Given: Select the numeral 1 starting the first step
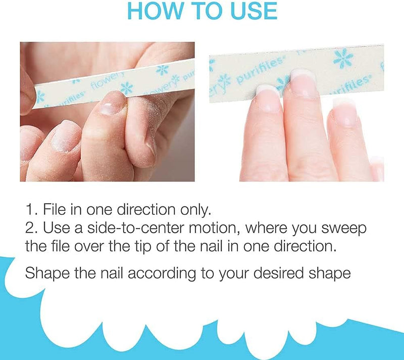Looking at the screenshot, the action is click(x=29, y=210).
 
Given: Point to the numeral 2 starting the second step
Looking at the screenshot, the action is click(x=29, y=228).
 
